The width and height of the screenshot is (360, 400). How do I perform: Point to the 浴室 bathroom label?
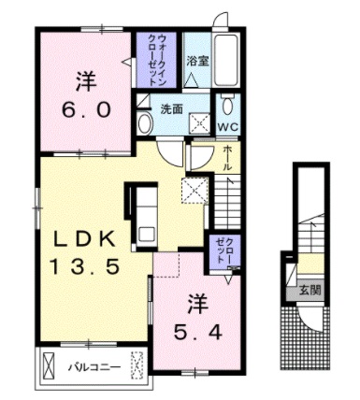coord(196,62)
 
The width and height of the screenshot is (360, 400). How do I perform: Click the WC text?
coord(229,124)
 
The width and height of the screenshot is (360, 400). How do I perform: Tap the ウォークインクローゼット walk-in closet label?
coord(157,59)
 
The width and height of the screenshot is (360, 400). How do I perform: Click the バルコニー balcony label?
coord(94,366)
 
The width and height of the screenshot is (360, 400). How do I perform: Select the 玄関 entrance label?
coord(310,291)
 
